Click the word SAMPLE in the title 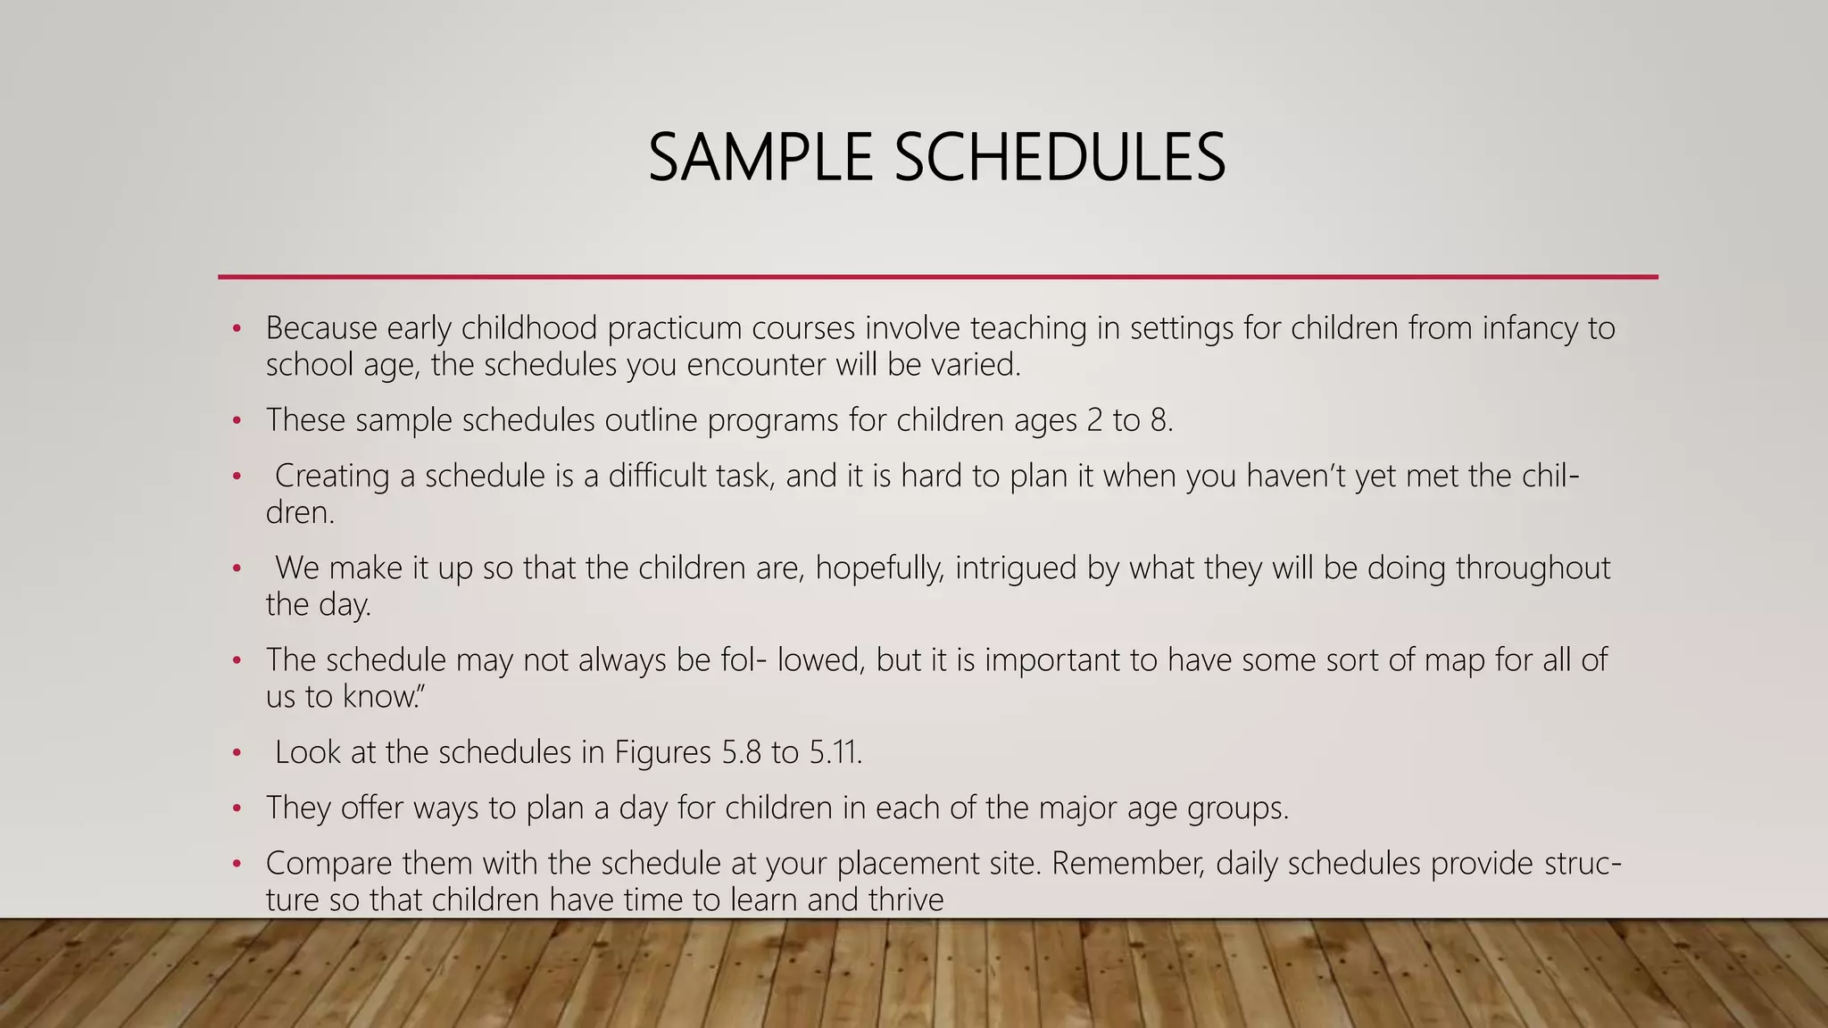pyautogui.click(x=760, y=158)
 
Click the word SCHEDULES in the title pyautogui.click(x=1059, y=158)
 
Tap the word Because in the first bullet pyautogui.click(x=321, y=328)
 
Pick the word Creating pyautogui.click(x=332, y=476)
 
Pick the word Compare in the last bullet pyautogui.click(x=328, y=863)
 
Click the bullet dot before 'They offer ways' pyautogui.click(x=237, y=808)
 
